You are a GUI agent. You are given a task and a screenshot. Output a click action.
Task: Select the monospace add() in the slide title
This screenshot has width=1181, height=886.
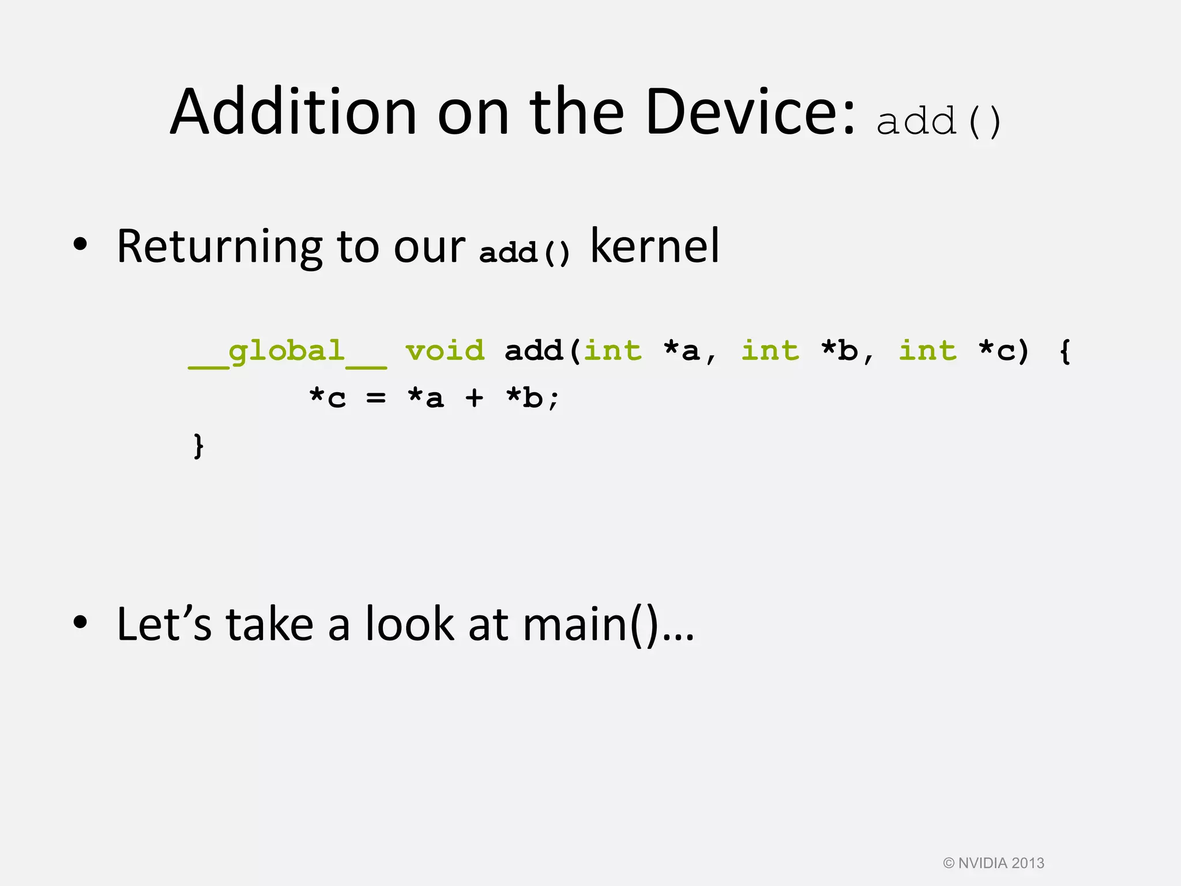tap(939, 121)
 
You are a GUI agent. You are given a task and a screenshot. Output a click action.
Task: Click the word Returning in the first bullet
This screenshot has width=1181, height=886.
tap(219, 247)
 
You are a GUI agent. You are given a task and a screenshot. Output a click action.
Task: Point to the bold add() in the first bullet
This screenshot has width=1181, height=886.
tap(524, 253)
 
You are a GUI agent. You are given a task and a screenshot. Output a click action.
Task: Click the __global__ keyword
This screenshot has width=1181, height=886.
tap(287, 352)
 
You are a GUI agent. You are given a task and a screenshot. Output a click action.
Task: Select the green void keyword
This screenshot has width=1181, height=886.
tap(445, 351)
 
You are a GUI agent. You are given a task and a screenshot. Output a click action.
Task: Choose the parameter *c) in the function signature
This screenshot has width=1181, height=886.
tap(1004, 351)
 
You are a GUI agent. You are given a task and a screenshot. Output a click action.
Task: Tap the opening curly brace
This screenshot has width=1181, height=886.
tap(1065, 351)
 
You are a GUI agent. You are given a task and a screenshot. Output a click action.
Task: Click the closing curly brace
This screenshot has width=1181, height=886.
tap(198, 445)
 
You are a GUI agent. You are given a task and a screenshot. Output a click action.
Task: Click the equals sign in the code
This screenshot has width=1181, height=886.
tap(376, 398)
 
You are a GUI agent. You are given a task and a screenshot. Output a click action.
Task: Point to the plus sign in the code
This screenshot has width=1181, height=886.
tap(474, 398)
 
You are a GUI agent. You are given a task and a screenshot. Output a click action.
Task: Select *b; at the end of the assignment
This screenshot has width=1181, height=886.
tap(532, 398)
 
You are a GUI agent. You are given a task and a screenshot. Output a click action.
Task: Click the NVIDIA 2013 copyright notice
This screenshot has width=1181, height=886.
tap(994, 863)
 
